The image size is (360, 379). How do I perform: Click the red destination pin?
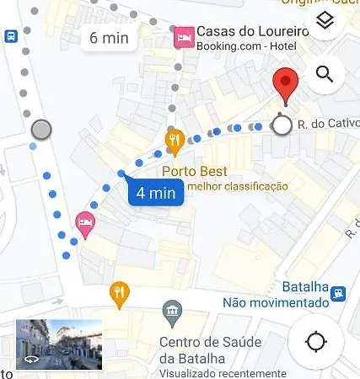[287, 83]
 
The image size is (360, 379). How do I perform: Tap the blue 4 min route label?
[155, 193]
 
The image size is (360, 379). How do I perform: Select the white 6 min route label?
[110, 38]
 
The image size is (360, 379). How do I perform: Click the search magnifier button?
[325, 74]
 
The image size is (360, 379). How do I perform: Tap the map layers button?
[325, 21]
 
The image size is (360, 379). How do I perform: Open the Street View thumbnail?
[59, 344]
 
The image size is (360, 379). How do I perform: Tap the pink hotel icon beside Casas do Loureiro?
[183, 37]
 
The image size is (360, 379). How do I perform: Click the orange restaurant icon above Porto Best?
[174, 141]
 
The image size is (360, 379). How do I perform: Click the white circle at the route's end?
[282, 125]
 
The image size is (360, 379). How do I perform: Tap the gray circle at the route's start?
[40, 129]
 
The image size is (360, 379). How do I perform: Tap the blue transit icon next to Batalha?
[338, 293]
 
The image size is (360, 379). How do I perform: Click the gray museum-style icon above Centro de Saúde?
[172, 312]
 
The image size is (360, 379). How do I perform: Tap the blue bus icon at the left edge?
[10, 36]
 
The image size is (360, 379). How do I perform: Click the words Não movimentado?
[275, 302]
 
